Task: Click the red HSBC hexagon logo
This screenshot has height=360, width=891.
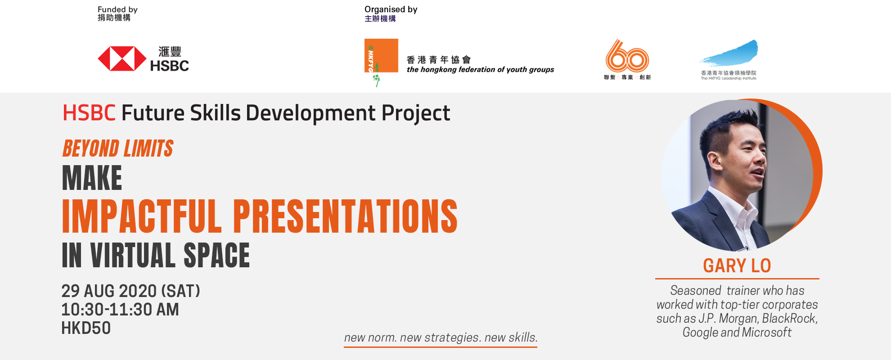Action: click(122, 58)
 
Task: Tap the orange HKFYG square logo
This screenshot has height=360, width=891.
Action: click(381, 56)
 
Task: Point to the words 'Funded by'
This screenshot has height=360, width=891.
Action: click(117, 9)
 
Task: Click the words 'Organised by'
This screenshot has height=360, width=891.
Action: click(391, 9)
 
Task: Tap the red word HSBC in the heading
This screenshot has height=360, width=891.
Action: click(89, 113)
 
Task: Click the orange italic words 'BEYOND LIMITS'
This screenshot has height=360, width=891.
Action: click(118, 148)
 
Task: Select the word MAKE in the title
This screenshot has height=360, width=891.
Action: click(92, 178)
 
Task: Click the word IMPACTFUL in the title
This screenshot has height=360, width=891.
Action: click(142, 216)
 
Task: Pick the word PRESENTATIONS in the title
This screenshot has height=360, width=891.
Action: click(345, 216)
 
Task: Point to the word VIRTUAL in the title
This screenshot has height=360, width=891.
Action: click(132, 256)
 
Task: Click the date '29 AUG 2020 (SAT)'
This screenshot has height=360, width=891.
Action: click(130, 291)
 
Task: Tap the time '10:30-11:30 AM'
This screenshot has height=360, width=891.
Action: click(120, 310)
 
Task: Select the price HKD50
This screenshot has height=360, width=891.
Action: click(86, 328)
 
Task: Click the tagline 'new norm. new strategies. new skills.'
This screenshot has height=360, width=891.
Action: click(441, 337)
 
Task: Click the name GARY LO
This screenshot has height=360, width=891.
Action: click(737, 266)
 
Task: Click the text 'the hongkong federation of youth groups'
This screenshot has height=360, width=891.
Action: click(480, 70)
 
